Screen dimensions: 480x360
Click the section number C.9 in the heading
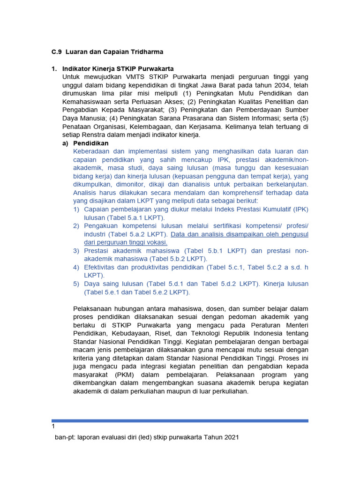56,51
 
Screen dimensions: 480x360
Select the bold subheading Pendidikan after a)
91,143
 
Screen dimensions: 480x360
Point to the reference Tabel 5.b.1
204,251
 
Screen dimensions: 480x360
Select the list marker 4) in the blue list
76,267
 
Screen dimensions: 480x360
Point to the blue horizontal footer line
180,420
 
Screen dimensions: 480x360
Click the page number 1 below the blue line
53,427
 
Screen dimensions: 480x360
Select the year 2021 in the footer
230,437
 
